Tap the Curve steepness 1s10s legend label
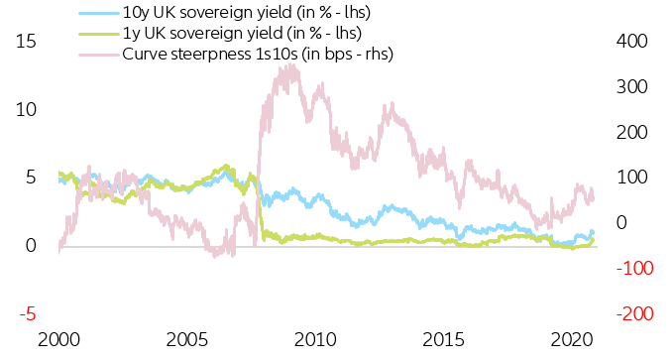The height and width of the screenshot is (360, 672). pos(258,54)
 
